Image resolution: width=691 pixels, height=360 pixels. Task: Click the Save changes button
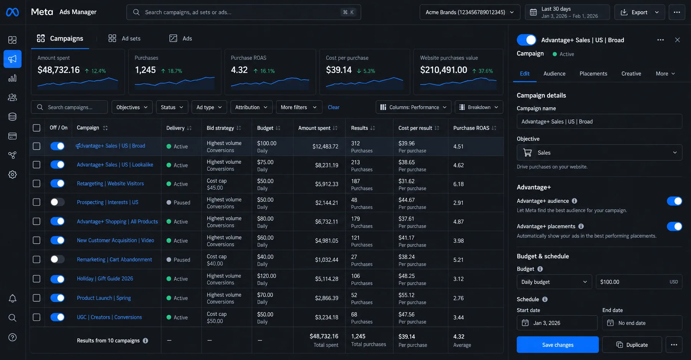557,345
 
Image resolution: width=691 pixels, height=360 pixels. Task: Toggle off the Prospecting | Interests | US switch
58,202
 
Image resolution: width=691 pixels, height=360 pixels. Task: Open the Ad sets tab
124,38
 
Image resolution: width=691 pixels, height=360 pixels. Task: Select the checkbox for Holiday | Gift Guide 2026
36,279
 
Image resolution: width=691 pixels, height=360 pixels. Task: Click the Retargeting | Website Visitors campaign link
110,183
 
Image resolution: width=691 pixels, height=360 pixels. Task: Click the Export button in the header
639,12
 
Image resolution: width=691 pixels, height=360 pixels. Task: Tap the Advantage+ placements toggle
674,226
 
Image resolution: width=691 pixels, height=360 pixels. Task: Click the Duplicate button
632,345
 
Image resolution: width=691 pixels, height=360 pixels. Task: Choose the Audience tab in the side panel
554,74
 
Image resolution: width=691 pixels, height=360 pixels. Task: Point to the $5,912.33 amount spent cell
327,184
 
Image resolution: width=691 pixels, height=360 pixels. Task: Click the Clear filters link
334,107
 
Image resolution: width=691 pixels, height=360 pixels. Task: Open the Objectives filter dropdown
132,107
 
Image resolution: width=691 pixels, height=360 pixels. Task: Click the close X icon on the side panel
677,40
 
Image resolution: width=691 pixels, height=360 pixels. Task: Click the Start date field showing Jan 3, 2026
557,323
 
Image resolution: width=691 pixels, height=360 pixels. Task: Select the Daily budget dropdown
554,282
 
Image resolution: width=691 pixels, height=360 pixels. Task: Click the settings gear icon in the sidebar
12,175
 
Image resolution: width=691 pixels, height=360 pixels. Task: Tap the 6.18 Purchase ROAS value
458,184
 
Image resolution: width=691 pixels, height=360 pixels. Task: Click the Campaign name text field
599,121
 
